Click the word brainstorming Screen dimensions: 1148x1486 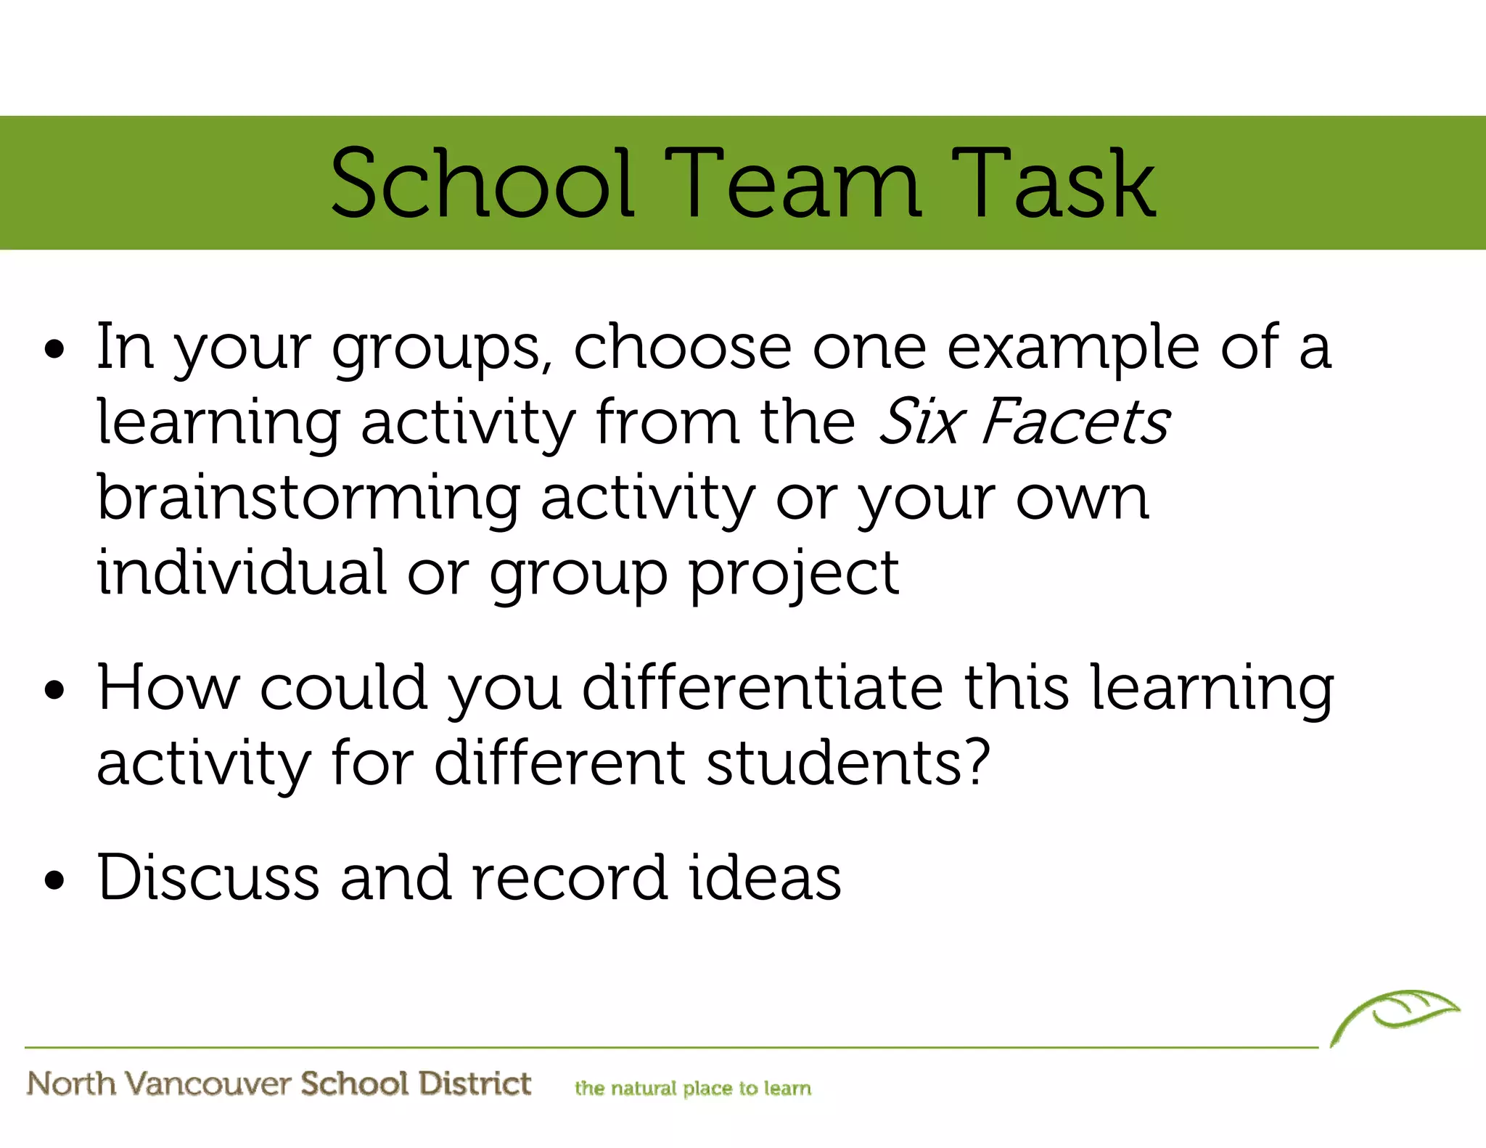point(308,499)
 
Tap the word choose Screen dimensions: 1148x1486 point(682,347)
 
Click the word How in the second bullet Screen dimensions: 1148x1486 point(168,687)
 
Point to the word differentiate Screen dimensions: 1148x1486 point(763,687)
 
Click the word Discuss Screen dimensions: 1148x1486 point(208,877)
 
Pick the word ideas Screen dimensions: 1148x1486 point(765,877)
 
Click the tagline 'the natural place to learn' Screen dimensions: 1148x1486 point(693,1088)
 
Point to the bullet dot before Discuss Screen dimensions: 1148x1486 point(54,880)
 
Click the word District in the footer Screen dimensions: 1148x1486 point(475,1083)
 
